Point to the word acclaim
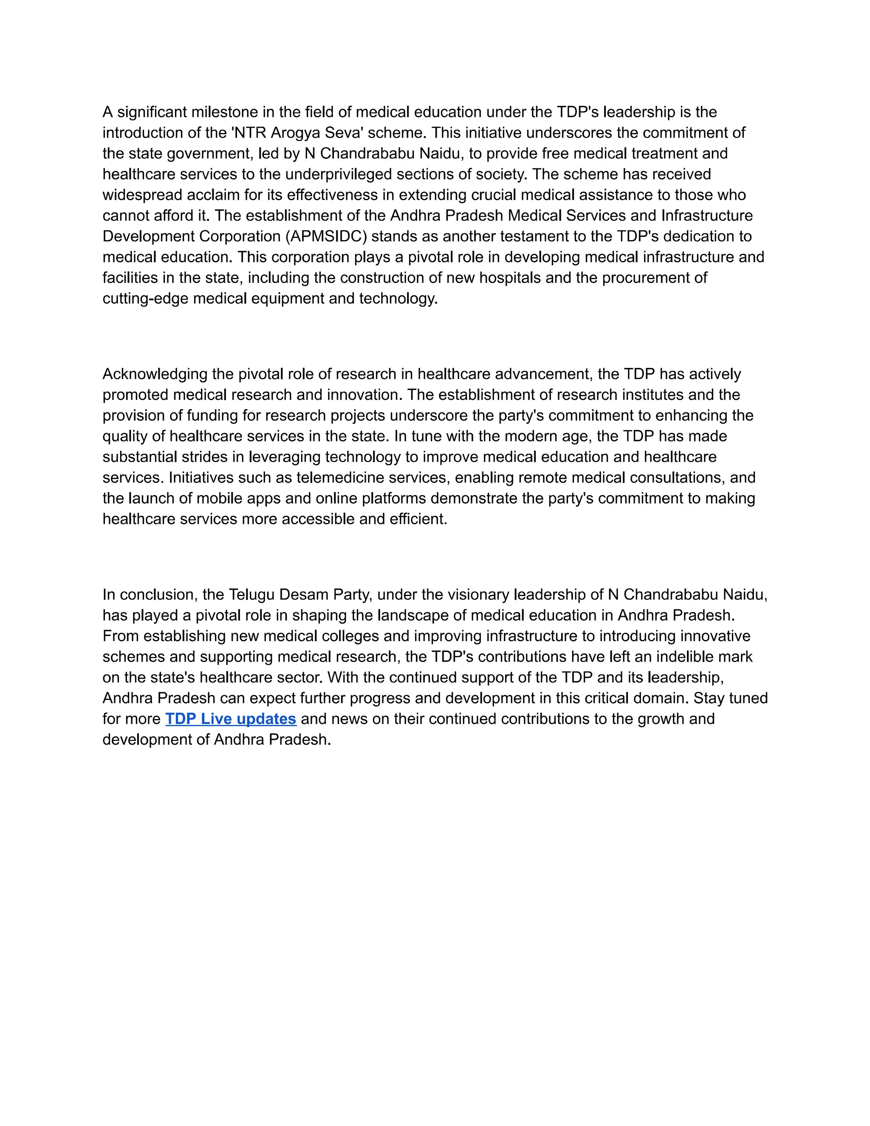click(215, 195)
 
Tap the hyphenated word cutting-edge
click(145, 299)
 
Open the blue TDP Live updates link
click(230, 719)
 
